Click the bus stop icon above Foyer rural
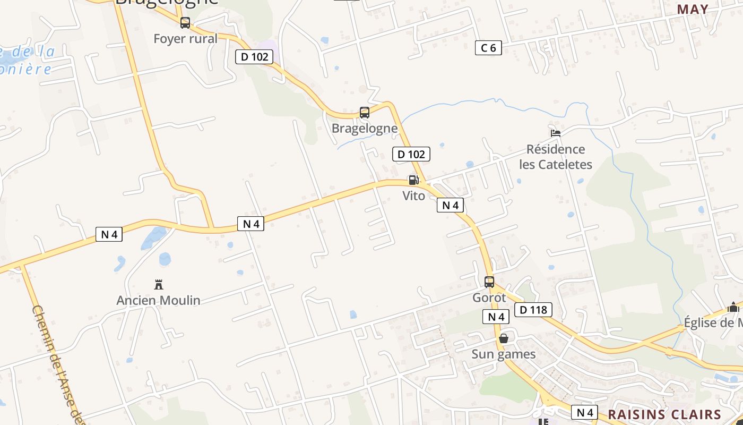pos(185,23)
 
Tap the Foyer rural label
pos(185,39)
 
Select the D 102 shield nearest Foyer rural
pos(254,57)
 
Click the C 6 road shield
pos(488,48)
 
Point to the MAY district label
pos(693,9)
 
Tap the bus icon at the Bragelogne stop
pos(364,113)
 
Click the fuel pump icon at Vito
pos(413,180)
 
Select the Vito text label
pos(413,196)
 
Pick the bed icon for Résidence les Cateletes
pos(556,133)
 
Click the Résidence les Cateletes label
pos(556,157)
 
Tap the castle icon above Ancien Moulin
pos(158,284)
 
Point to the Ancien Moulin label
pos(158,301)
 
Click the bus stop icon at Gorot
pos(489,282)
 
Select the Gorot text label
pos(489,298)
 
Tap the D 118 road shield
pos(533,310)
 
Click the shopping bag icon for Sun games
pos(504,338)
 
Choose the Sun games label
pos(504,354)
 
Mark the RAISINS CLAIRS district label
pos(664,415)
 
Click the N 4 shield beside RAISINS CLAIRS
pos(584,412)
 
